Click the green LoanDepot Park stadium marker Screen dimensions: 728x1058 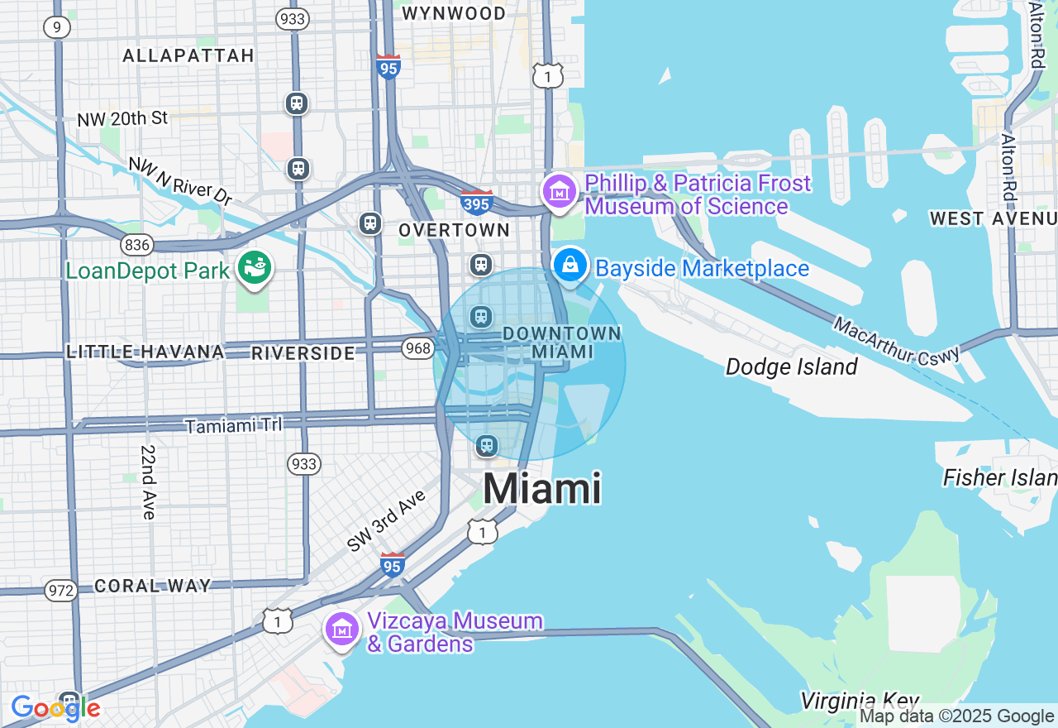pos(255,267)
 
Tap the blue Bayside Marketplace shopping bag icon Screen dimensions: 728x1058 pos(570,265)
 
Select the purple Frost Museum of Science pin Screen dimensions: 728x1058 pos(560,192)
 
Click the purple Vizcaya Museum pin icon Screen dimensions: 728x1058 pos(341,630)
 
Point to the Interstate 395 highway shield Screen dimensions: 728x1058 pos(477,202)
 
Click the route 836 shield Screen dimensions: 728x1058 pos(136,244)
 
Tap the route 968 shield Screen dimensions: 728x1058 pos(418,348)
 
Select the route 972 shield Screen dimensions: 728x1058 pos(61,591)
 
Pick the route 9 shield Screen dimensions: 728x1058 pos(56,27)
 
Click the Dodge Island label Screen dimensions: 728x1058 pos(791,366)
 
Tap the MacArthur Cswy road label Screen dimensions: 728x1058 pos(897,340)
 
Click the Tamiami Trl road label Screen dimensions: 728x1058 pos(233,425)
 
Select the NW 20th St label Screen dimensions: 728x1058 pos(122,119)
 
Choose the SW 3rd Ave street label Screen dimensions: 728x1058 pos(386,520)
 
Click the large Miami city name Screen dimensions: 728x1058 pos(541,488)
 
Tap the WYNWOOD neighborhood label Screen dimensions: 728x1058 pos(453,13)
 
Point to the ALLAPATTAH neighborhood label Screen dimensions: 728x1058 pos(188,55)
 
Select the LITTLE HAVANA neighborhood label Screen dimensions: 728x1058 pos(145,352)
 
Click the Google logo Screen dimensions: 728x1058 pos(55,708)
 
